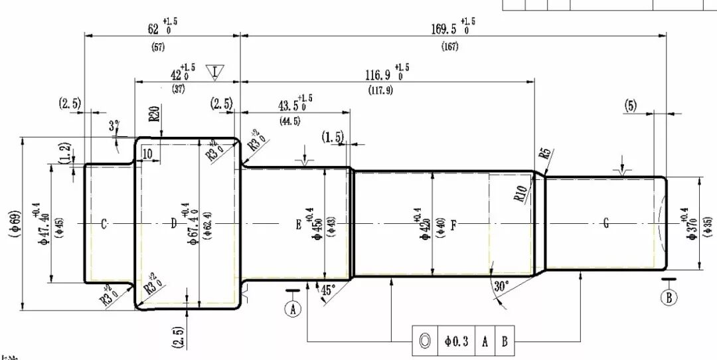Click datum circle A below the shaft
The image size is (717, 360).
pyautogui.click(x=293, y=308)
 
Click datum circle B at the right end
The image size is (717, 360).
pyautogui.click(x=669, y=297)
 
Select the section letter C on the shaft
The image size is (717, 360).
pyautogui.click(x=104, y=225)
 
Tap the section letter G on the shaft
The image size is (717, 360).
pyautogui.click(x=605, y=225)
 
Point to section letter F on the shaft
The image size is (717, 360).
pyautogui.click(x=453, y=225)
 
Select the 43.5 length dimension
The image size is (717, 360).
pyautogui.click(x=289, y=106)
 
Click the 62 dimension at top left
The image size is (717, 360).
pyautogui.click(x=154, y=29)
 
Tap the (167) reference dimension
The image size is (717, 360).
pyautogui.click(x=449, y=47)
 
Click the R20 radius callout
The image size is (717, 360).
pyautogui.click(x=153, y=115)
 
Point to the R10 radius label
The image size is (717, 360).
pyautogui.click(x=520, y=194)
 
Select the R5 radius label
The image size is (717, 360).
pyautogui.click(x=546, y=154)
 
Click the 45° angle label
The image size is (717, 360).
pyautogui.click(x=328, y=290)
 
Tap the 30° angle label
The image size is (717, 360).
pyautogui.click(x=501, y=286)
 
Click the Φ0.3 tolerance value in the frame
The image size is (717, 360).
pyautogui.click(x=457, y=341)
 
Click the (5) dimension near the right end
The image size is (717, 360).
pyautogui.click(x=631, y=105)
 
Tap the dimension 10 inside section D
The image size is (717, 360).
pyautogui.click(x=147, y=153)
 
